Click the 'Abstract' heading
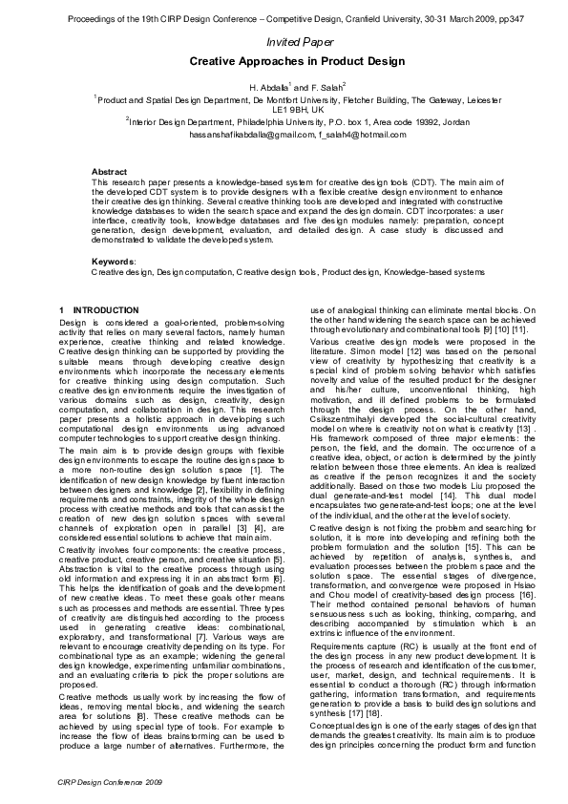pos(108,171)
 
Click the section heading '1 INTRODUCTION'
pos(98,311)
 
